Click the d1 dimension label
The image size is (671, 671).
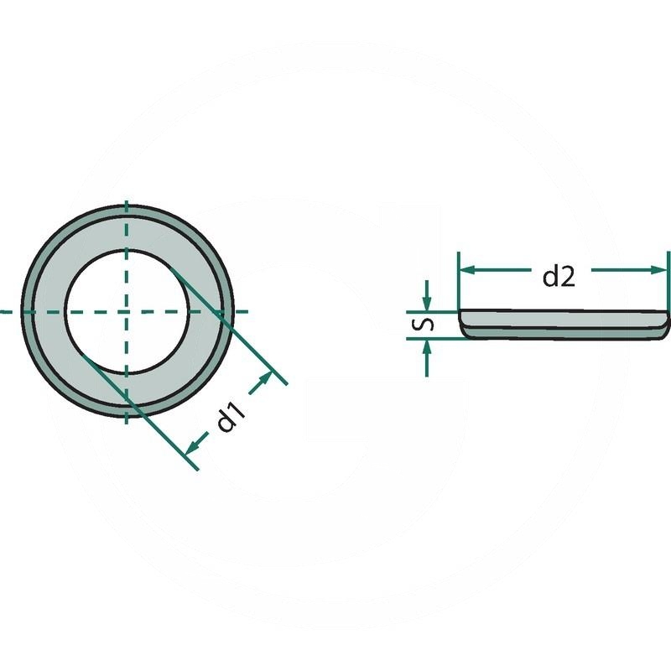[231, 417]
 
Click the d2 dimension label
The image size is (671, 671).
[558, 276]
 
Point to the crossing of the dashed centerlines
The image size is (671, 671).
[127, 311]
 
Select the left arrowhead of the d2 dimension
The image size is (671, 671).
[466, 269]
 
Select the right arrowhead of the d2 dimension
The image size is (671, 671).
[661, 269]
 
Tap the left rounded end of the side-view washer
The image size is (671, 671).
[463, 321]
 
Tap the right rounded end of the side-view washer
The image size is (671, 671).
[667, 321]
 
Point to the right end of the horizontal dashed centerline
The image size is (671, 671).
[248, 311]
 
